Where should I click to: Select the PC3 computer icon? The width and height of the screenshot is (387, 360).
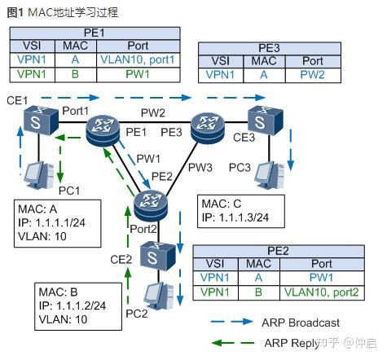click(x=268, y=173)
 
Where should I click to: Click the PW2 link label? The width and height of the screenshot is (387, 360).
click(x=152, y=111)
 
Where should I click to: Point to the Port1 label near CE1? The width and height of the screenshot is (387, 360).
click(x=75, y=110)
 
